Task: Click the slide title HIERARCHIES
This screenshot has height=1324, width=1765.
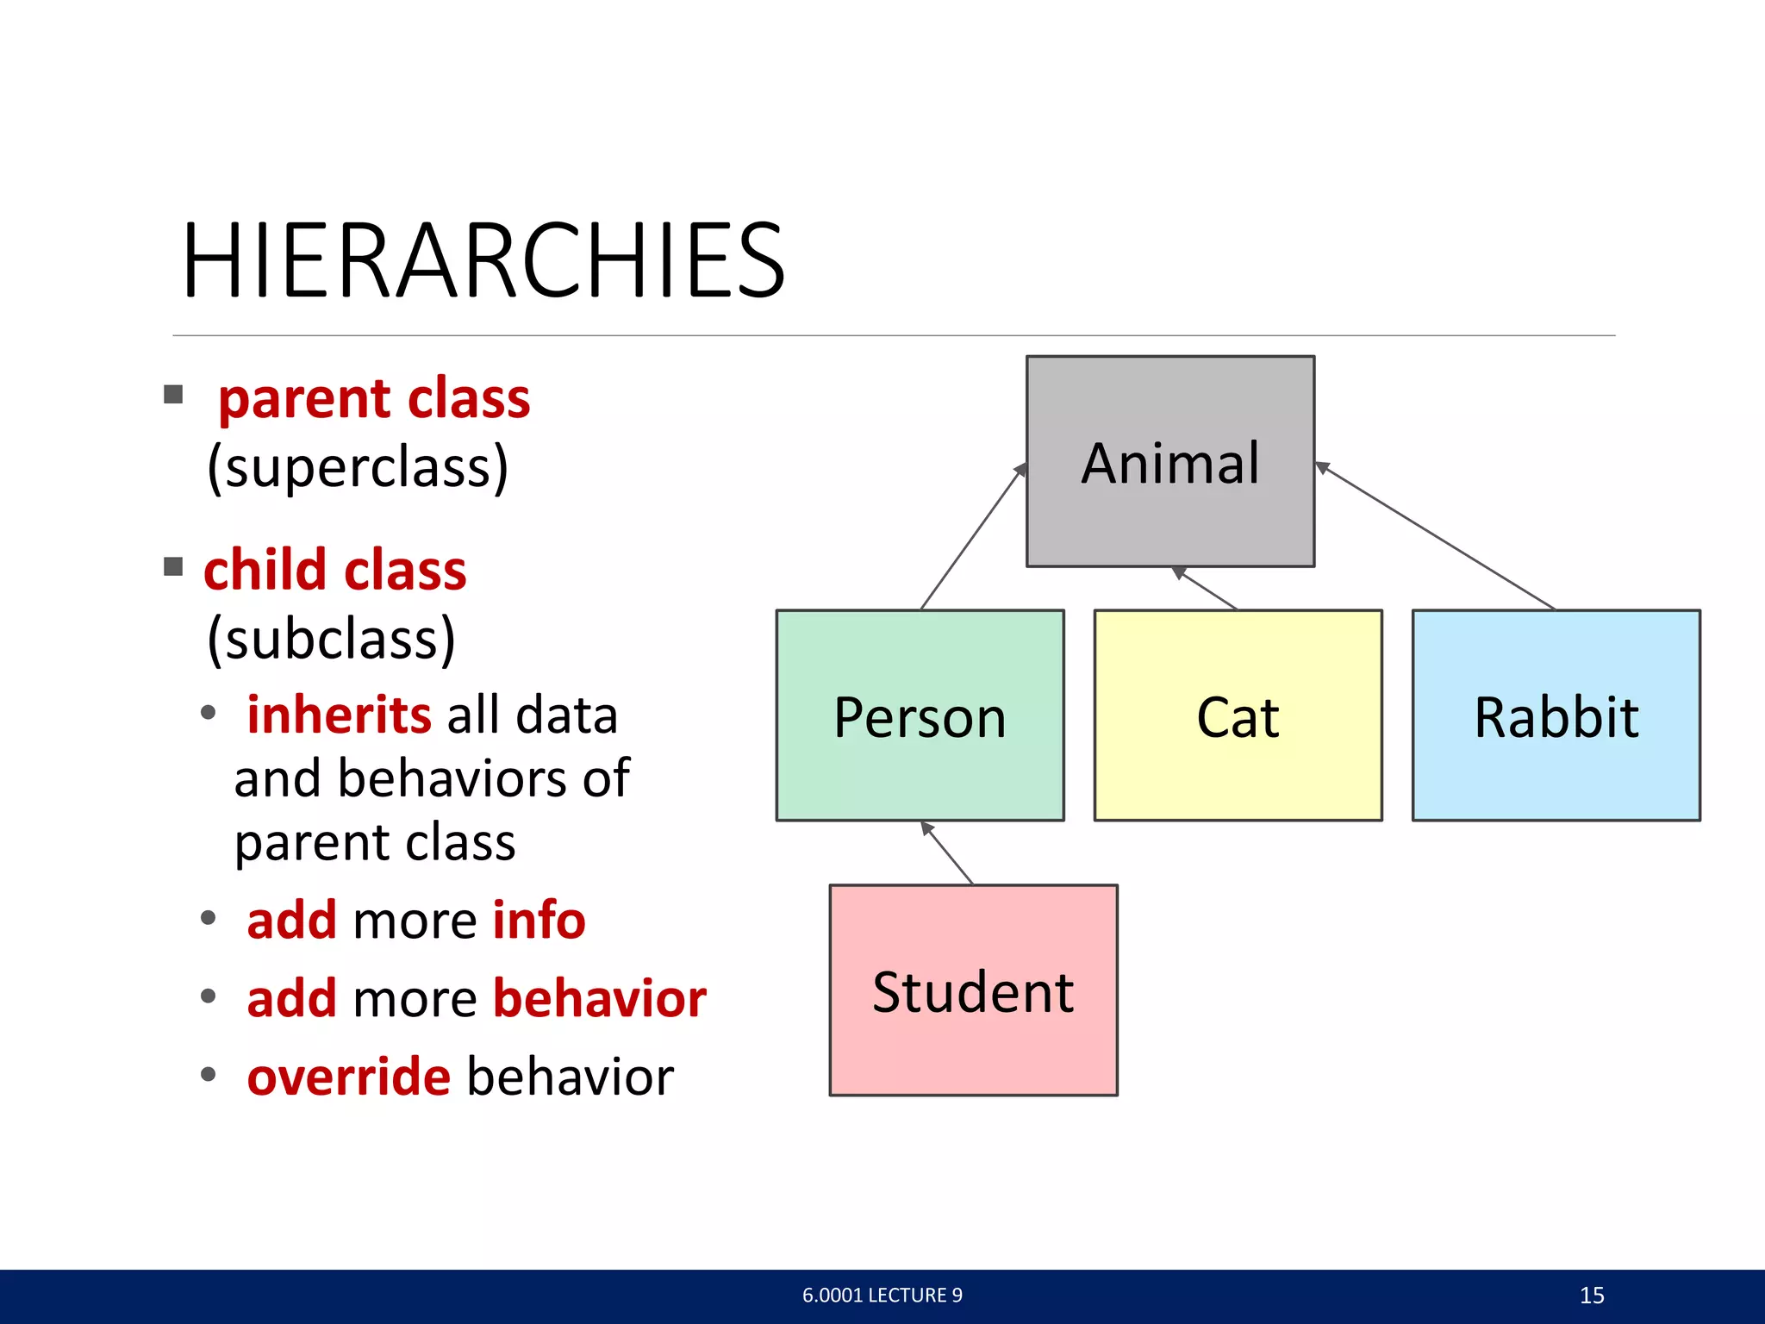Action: [x=483, y=260]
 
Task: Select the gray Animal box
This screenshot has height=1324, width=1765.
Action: [x=1169, y=462]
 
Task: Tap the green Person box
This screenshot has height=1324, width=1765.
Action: [x=920, y=715]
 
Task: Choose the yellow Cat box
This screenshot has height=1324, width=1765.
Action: [x=1238, y=715]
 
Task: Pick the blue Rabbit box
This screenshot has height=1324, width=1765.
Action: [x=1556, y=715]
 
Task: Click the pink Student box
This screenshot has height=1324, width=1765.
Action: [x=973, y=990]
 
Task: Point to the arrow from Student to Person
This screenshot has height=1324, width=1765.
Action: [x=947, y=852]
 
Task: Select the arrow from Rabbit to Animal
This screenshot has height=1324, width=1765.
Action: [x=1435, y=535]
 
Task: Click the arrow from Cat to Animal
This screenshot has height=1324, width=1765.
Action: [x=1206, y=588]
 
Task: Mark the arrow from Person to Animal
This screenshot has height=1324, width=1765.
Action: [x=973, y=537]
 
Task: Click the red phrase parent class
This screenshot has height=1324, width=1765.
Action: [x=374, y=399]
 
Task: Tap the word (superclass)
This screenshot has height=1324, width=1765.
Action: [x=358, y=467]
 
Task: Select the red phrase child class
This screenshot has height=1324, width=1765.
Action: [x=334, y=571]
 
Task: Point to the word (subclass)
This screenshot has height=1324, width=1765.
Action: [x=331, y=640]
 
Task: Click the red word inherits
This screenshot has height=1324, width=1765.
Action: [x=339, y=715]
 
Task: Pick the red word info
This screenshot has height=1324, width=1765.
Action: [x=539, y=920]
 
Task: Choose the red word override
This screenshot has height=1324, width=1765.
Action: [x=348, y=1077]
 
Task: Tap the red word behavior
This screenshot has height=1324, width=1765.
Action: [x=600, y=998]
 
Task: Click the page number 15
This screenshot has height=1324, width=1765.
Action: [x=1591, y=1296]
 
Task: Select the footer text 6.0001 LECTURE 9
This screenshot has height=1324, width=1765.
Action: [x=882, y=1296]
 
